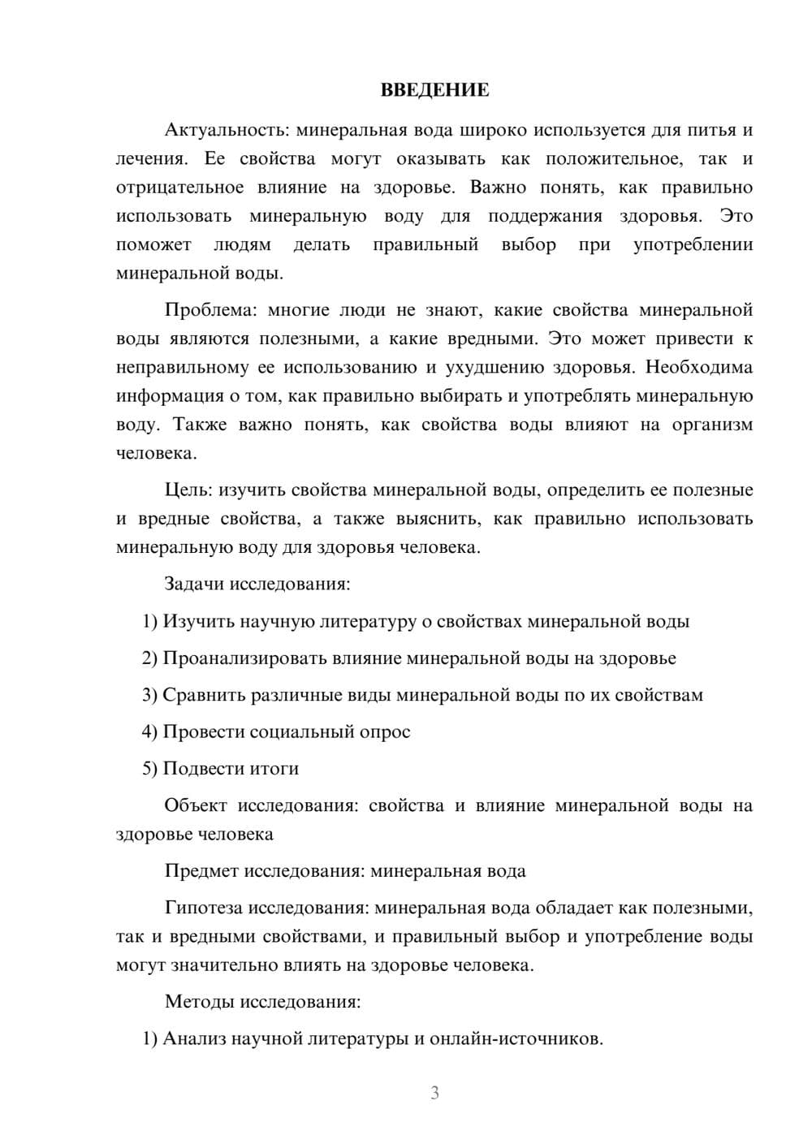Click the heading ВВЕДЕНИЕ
coord(434,90)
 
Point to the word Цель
coord(188,490)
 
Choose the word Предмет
coord(201,871)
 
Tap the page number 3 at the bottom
coord(434,1093)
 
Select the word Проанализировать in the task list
coord(244,658)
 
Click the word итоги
coord(274,769)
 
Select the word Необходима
coord(699,367)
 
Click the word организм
coord(712,425)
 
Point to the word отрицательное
coord(179,188)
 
